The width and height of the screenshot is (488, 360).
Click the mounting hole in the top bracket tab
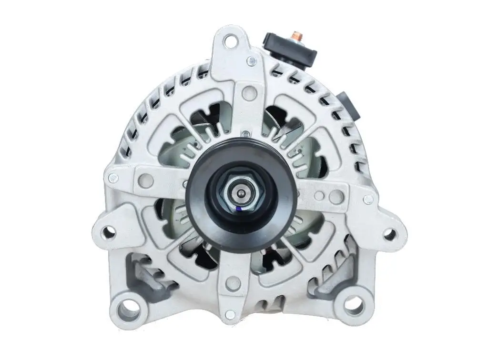[231, 42]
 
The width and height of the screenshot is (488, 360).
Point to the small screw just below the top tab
[251, 61]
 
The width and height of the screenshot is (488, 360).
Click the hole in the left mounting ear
[109, 232]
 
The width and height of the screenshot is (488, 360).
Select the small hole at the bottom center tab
[230, 314]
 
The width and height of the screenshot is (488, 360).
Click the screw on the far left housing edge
[113, 178]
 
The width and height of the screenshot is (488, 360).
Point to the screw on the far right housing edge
[368, 199]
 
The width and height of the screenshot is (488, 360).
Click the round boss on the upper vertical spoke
[247, 93]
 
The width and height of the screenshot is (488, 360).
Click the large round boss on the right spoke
[336, 196]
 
